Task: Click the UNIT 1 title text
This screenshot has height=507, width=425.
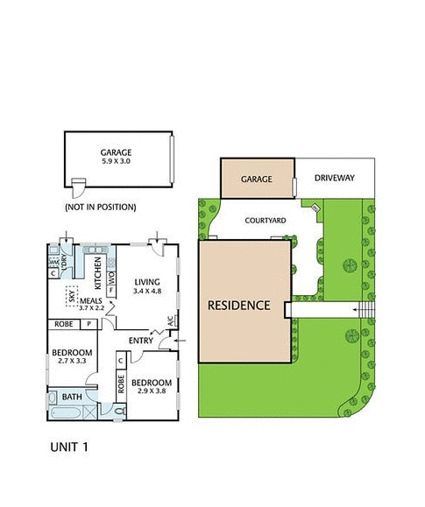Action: (68, 447)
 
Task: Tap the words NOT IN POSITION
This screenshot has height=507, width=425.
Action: (101, 208)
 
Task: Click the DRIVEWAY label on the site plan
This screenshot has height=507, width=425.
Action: (335, 179)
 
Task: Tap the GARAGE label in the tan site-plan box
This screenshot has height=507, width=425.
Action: (257, 179)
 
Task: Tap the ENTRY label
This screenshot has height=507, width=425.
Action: (140, 340)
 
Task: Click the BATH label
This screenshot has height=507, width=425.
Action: (72, 398)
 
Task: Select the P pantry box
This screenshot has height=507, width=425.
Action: (89, 324)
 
